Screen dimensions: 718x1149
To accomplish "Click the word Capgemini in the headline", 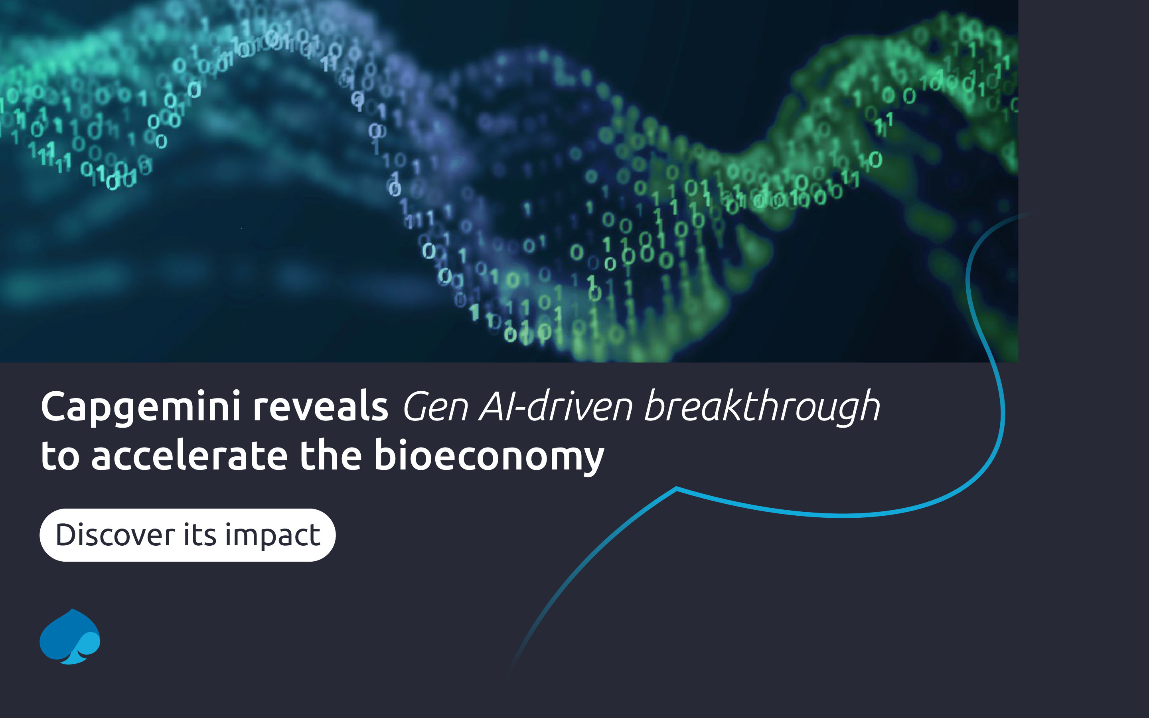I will pyautogui.click(x=140, y=407).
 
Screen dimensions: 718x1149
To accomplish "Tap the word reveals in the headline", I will pyautogui.click(x=320, y=406).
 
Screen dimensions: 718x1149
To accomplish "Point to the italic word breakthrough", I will pyautogui.click(x=762, y=406).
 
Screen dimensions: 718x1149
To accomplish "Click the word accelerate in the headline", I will pyautogui.click(x=189, y=456).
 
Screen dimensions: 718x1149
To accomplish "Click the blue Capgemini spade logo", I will pyautogui.click(x=70, y=636).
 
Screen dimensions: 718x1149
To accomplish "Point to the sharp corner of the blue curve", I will pyautogui.click(x=676, y=488).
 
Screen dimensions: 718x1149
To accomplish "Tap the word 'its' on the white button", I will pyautogui.click(x=200, y=535).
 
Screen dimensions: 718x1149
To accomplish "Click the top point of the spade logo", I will pyautogui.click(x=72, y=610).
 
